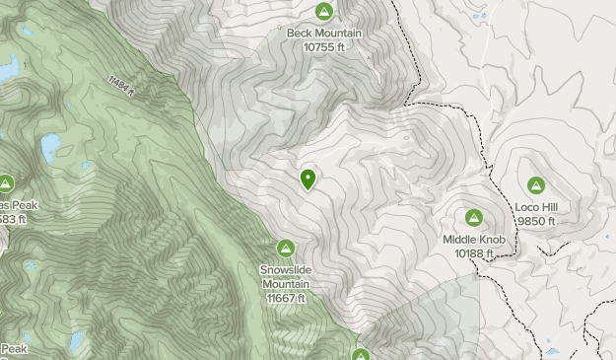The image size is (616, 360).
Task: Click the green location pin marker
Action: coord(308,179)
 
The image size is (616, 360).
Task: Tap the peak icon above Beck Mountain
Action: coord(323,11)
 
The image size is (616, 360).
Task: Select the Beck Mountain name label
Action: coord(323,33)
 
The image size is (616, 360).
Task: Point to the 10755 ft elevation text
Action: coord(323,45)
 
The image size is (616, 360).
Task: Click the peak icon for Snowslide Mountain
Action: coord(286,247)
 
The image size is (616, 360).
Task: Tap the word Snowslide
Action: coord(286,268)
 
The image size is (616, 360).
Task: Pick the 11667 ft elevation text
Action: coord(286,298)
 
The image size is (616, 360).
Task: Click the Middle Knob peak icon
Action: coord(473,217)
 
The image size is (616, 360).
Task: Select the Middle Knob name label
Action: coord(473,239)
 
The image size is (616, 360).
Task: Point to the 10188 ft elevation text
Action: coord(473,252)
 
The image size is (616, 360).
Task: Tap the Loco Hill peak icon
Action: coord(536,184)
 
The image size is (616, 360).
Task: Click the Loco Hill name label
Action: coord(536,207)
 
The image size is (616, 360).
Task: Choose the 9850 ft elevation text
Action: coord(536,221)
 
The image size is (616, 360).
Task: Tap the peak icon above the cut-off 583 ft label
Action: coord(6,183)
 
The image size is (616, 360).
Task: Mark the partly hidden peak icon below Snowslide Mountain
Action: coord(361,355)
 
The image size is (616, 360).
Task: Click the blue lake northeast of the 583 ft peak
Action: coord(49,148)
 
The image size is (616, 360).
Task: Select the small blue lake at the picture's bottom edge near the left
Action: coord(76,342)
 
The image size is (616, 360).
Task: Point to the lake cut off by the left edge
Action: coord(8,67)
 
